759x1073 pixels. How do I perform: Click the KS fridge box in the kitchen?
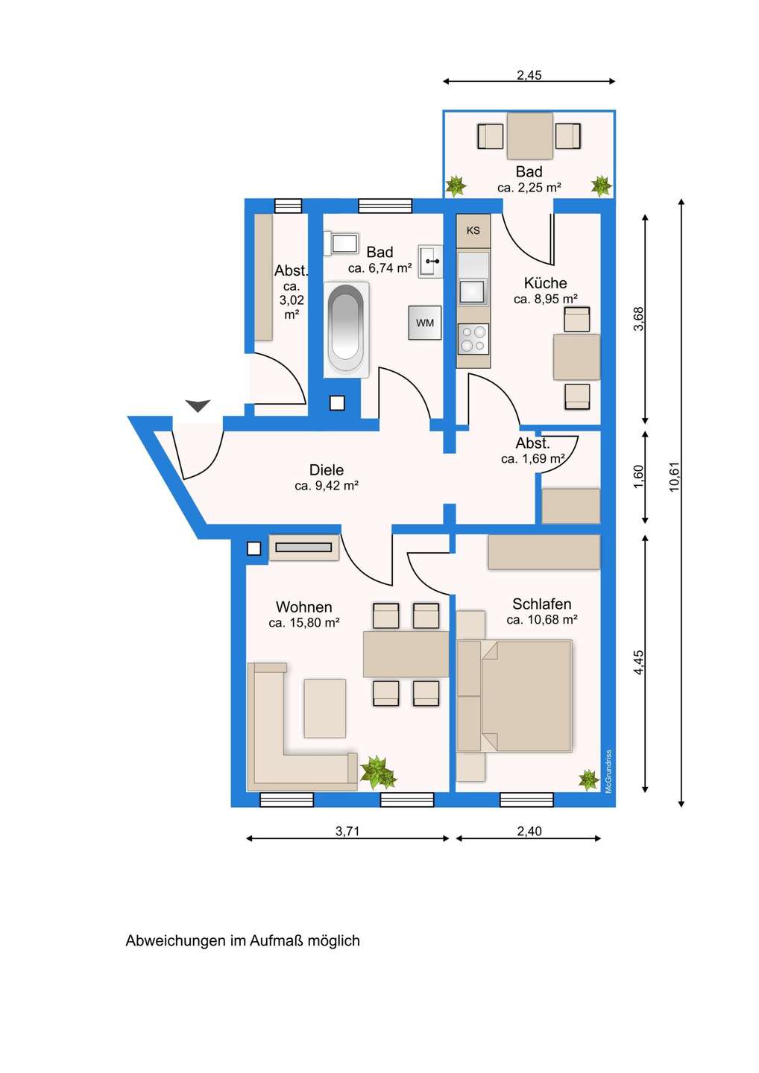(x=473, y=230)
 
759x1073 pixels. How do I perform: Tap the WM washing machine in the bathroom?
(x=424, y=323)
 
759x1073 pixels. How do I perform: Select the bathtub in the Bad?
(x=346, y=329)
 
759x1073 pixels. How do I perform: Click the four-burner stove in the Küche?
(x=473, y=338)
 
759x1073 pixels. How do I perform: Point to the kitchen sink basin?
(x=472, y=292)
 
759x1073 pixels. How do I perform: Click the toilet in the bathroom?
(x=341, y=244)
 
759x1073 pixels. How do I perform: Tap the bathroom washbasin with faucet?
(x=430, y=262)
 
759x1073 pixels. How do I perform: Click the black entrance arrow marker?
(x=198, y=405)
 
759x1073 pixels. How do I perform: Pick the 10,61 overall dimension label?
(x=675, y=477)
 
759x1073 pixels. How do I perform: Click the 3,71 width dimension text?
(x=347, y=831)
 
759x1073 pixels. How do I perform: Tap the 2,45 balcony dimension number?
(x=529, y=75)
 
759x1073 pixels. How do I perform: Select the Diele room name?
(x=327, y=470)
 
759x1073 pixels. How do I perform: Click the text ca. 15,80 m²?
(x=303, y=623)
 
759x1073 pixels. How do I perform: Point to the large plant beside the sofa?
(x=378, y=772)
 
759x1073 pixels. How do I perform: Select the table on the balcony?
(x=529, y=136)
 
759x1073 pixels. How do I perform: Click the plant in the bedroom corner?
(x=588, y=780)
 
